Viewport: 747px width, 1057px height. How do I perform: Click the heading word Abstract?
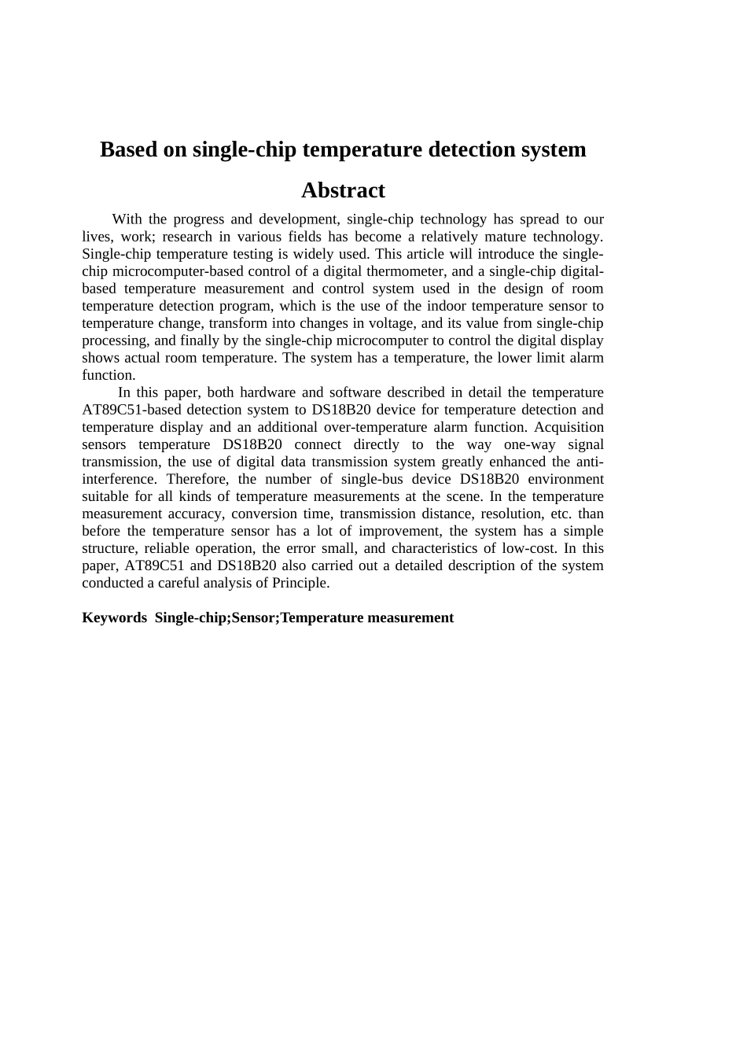tap(343, 191)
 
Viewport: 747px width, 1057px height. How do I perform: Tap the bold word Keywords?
tap(114, 618)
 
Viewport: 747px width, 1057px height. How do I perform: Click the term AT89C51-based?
tap(131, 410)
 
